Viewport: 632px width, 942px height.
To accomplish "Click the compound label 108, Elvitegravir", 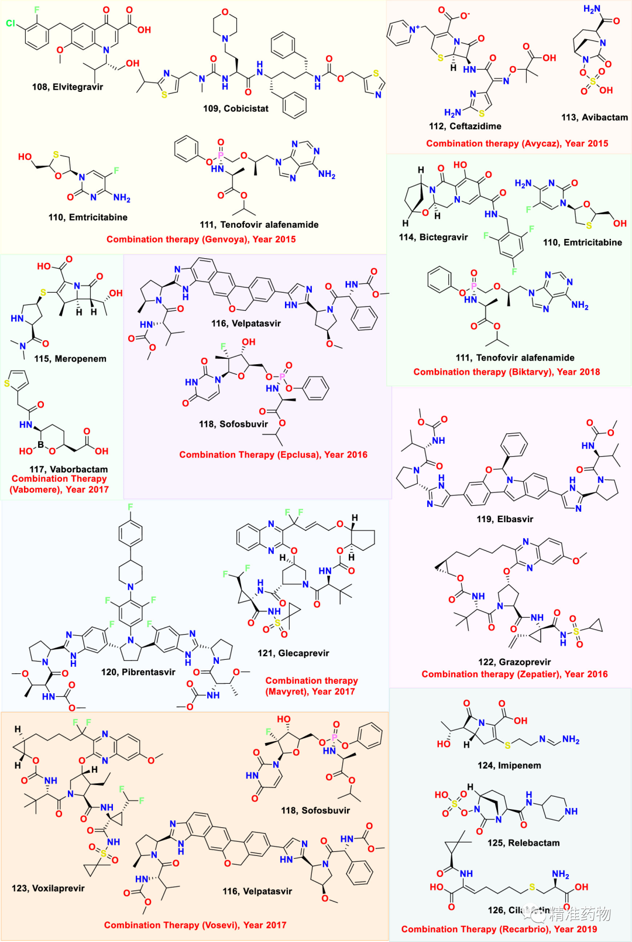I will click(x=67, y=87).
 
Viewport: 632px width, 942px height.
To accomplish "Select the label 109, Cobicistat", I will click(x=236, y=108).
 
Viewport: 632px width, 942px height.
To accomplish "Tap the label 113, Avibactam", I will click(x=595, y=117).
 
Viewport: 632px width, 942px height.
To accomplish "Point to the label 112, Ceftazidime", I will click(x=465, y=126).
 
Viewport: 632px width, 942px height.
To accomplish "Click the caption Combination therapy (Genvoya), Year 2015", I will click(x=201, y=239).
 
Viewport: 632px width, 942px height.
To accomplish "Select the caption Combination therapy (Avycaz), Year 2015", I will click(x=517, y=143).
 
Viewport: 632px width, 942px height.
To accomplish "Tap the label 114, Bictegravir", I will click(x=433, y=237).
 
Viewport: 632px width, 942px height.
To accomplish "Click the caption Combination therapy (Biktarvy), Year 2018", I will click(x=506, y=372).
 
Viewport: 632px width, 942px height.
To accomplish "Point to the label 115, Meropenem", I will click(x=70, y=359).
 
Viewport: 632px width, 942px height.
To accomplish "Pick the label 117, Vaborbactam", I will click(x=68, y=469).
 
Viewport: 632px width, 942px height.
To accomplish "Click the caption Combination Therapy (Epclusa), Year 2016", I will click(x=273, y=454).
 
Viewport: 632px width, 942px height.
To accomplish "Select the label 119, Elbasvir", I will click(x=504, y=519).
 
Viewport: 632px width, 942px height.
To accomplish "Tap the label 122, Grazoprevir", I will click(x=514, y=662).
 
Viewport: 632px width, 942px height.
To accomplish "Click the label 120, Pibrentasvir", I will click(x=138, y=672).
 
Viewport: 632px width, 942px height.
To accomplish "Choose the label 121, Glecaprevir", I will click(x=293, y=653).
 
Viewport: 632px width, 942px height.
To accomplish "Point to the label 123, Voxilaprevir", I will click(x=48, y=888).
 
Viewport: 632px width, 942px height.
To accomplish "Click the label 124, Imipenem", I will click(x=509, y=765).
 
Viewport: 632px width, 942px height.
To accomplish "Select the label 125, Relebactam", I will click(x=523, y=843).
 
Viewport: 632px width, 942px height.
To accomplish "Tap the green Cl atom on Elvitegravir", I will click(x=11, y=23).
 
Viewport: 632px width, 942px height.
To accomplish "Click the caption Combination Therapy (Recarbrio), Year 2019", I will click(x=499, y=929).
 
